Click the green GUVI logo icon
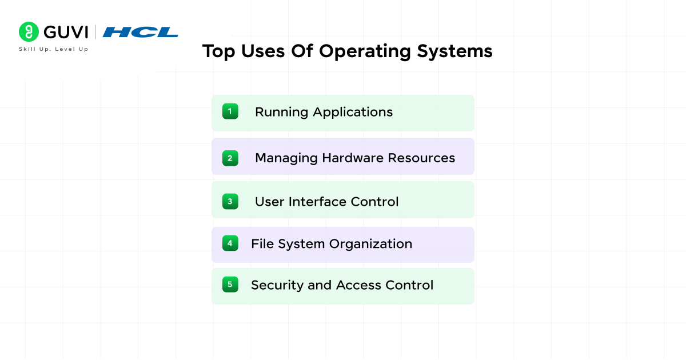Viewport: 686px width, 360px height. click(x=28, y=31)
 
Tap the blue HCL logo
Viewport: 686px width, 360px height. click(x=141, y=32)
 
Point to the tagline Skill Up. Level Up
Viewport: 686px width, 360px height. click(x=54, y=49)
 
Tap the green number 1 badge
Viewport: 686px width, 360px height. click(x=230, y=111)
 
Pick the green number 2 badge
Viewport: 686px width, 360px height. click(x=230, y=158)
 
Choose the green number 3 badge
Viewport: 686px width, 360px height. click(x=230, y=201)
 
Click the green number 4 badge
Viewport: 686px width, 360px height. click(x=230, y=243)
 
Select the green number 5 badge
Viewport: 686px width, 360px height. click(x=230, y=285)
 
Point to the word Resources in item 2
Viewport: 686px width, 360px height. click(x=421, y=158)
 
